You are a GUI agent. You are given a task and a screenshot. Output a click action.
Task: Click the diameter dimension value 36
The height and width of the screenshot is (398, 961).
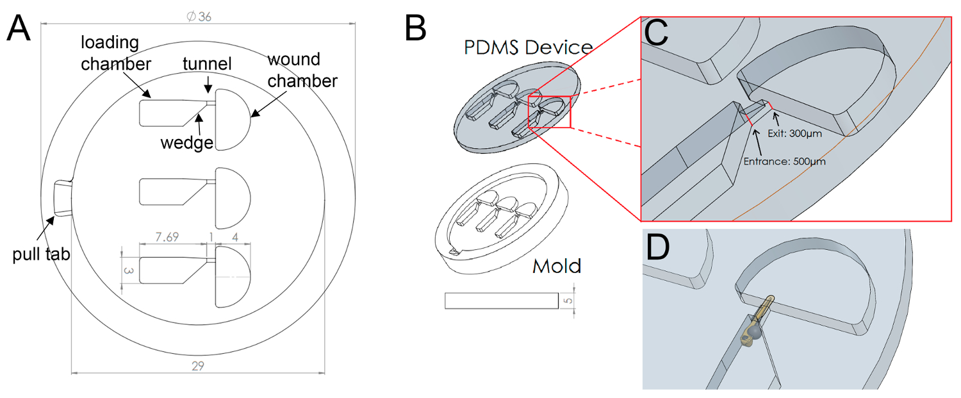199,17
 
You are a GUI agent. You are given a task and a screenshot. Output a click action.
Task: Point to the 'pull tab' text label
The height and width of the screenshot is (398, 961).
41,255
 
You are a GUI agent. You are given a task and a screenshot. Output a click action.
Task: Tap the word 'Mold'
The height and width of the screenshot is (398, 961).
557,265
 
